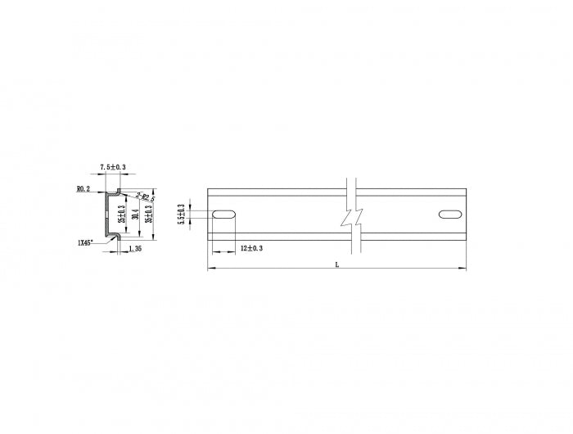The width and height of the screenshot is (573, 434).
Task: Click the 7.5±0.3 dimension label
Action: pos(113,167)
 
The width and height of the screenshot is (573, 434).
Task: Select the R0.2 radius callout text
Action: pos(83,189)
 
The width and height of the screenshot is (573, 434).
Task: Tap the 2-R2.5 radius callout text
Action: pos(147,197)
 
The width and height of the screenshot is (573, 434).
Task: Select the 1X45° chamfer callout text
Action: pos(86,242)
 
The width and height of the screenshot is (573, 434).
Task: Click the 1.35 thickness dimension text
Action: pos(133,249)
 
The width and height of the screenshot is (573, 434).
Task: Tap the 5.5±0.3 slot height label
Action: pos(182,215)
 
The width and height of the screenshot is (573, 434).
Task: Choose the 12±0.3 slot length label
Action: pos(252,248)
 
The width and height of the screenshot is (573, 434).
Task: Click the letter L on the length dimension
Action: pos(336,264)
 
